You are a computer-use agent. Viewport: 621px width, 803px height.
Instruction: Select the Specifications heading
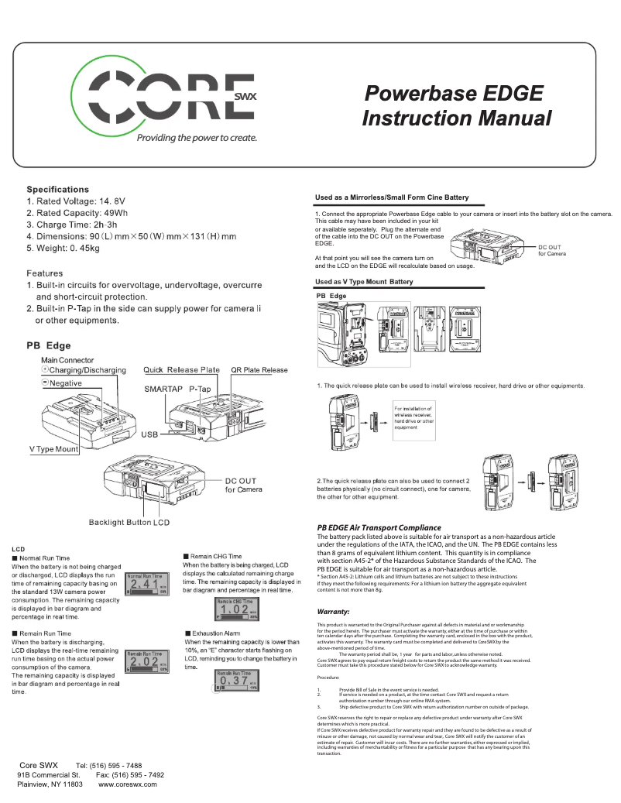tap(58, 189)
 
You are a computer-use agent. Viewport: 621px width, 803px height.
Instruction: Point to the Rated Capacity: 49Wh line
tap(77, 212)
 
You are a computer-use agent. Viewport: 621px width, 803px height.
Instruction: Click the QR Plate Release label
tap(259, 370)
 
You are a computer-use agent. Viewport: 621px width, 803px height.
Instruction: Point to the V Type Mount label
tap(53, 449)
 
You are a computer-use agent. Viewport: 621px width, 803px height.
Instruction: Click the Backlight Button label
tap(119, 523)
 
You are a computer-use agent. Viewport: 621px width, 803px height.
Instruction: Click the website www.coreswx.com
tap(128, 784)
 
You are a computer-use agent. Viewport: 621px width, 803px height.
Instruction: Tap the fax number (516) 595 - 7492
tap(141, 774)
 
